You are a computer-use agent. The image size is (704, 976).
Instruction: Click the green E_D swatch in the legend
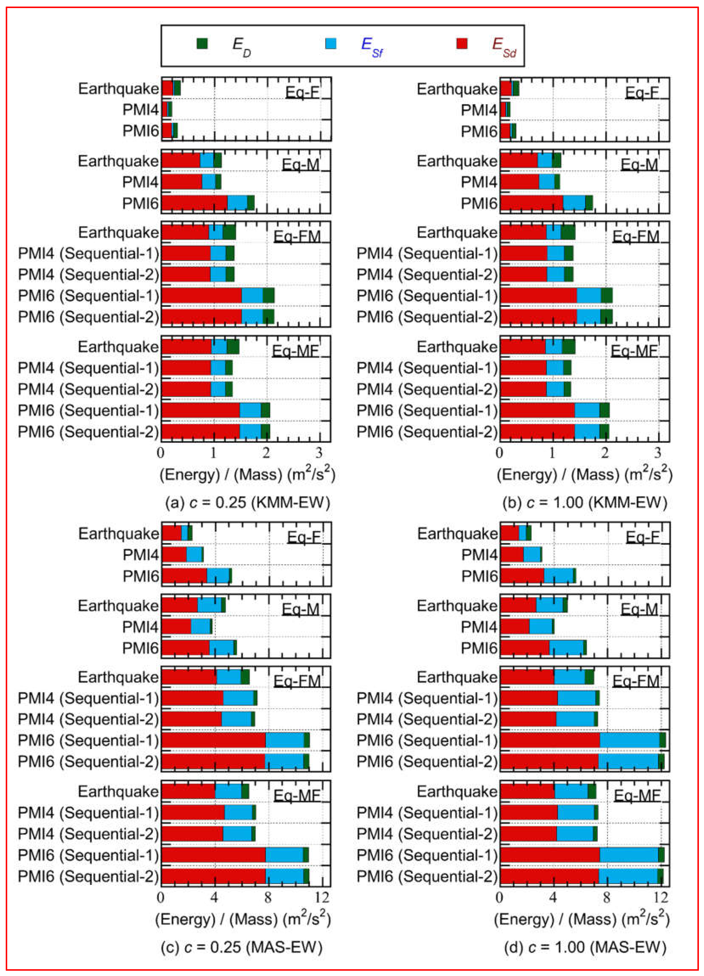[202, 43]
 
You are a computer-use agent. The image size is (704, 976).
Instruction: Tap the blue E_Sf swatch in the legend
[331, 43]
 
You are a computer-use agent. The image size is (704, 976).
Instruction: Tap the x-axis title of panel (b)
[584, 474]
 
